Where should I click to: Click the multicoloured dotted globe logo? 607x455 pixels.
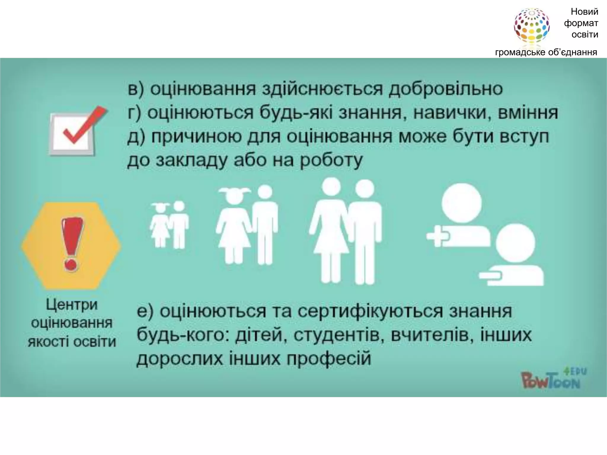click(x=531, y=26)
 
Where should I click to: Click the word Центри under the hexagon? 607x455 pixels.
click(x=72, y=305)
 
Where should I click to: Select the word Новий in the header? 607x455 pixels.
click(x=584, y=12)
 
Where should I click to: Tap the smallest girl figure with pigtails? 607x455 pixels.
click(x=160, y=225)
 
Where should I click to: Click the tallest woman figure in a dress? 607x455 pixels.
click(x=329, y=231)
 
